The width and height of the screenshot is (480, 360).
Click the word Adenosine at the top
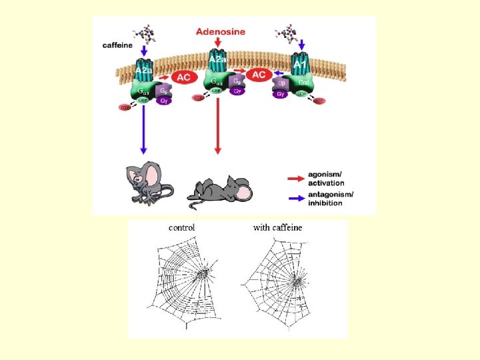pyautogui.click(x=220, y=31)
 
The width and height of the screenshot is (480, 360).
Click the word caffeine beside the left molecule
pyautogui.click(x=117, y=45)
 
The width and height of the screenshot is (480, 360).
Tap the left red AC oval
pyautogui.click(x=183, y=78)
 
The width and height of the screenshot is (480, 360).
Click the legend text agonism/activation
pyautogui.click(x=327, y=179)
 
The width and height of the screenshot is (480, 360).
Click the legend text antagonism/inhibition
pyautogui.click(x=331, y=199)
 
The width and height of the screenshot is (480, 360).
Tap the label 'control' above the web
pyautogui.click(x=181, y=227)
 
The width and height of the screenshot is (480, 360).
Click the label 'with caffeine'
pyautogui.click(x=277, y=227)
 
